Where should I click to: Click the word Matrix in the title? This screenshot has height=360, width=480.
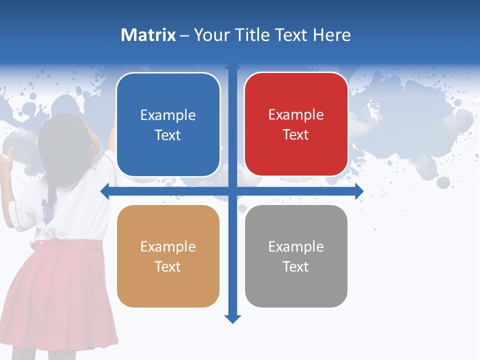tap(148, 35)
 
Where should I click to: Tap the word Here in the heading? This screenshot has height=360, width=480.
tap(331, 35)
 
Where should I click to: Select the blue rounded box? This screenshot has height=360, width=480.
tap(168, 125)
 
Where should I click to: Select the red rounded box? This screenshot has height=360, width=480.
tap(296, 124)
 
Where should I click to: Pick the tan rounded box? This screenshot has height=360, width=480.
tap(168, 256)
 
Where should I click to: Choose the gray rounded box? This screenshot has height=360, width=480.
tap(296, 256)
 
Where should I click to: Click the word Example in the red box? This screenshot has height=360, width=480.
tap(296, 115)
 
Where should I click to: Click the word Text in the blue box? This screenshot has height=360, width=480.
tap(168, 135)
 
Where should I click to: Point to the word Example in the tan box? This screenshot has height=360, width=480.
tap(168, 246)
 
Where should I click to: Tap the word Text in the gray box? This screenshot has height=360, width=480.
tap(296, 267)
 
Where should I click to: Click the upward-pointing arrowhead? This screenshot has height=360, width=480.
tap(232, 66)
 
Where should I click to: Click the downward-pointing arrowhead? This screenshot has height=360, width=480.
tap(232, 319)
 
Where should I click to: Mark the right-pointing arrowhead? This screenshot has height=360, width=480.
tap(359, 191)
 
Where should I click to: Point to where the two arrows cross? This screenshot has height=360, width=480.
tap(232, 191)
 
